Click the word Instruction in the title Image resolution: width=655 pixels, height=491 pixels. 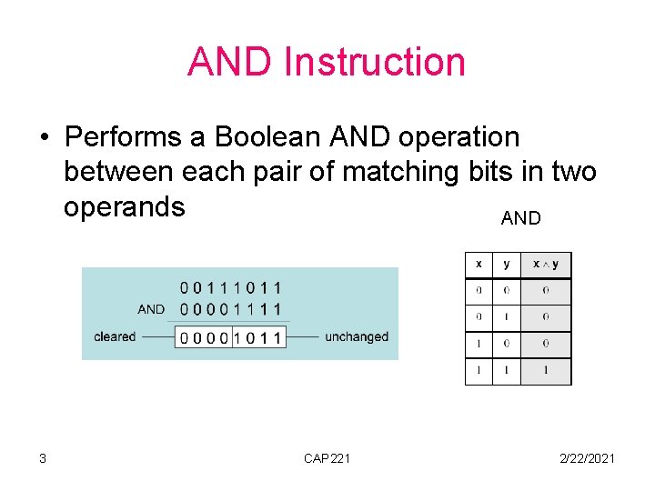pos(374,62)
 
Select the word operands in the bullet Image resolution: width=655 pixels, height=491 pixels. pos(125,206)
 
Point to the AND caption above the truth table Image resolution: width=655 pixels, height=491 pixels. pos(520,218)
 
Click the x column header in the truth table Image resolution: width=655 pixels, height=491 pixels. pos(479,264)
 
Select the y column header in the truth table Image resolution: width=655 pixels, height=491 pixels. pos(506,264)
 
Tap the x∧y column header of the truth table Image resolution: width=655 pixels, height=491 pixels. pos(545,264)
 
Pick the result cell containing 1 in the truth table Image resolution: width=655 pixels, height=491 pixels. pos(545,371)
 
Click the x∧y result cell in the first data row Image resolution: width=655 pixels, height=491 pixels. pos(545,291)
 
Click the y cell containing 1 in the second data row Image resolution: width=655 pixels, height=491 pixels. pos(506,317)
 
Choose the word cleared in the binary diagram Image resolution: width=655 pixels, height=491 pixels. pos(115,336)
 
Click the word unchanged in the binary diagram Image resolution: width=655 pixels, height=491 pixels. pos(356,336)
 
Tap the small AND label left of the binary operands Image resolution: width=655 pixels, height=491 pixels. pos(151,309)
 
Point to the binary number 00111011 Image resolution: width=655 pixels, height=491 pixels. pos(231,288)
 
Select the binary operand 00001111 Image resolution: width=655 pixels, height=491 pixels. pos(231,310)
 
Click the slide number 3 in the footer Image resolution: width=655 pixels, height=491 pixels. pos(43,458)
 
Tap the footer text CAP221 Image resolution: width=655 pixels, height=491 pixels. pos(327,458)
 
